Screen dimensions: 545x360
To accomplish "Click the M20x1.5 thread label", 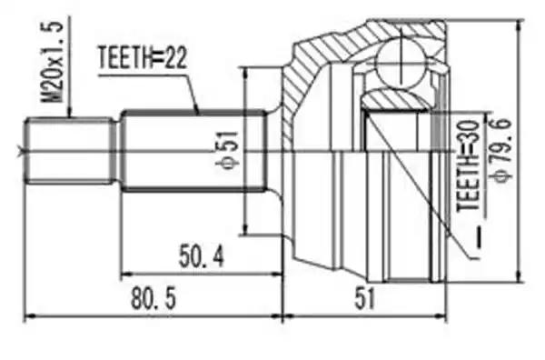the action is coord(53,62).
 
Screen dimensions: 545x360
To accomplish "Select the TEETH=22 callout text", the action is coord(143,58).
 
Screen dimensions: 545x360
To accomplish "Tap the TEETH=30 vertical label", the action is coord(468,166).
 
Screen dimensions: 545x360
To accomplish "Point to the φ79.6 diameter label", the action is coord(501,150).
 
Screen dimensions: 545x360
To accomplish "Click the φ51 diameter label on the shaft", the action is coord(228,150).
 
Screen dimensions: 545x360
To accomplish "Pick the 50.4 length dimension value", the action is coord(202,255).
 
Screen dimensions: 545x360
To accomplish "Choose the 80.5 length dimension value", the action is coord(154,299).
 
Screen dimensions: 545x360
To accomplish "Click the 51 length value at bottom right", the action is coord(365,299).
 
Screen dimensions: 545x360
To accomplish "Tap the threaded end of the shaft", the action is coord(71,151).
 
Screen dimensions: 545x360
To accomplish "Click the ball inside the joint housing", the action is coord(401,63).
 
